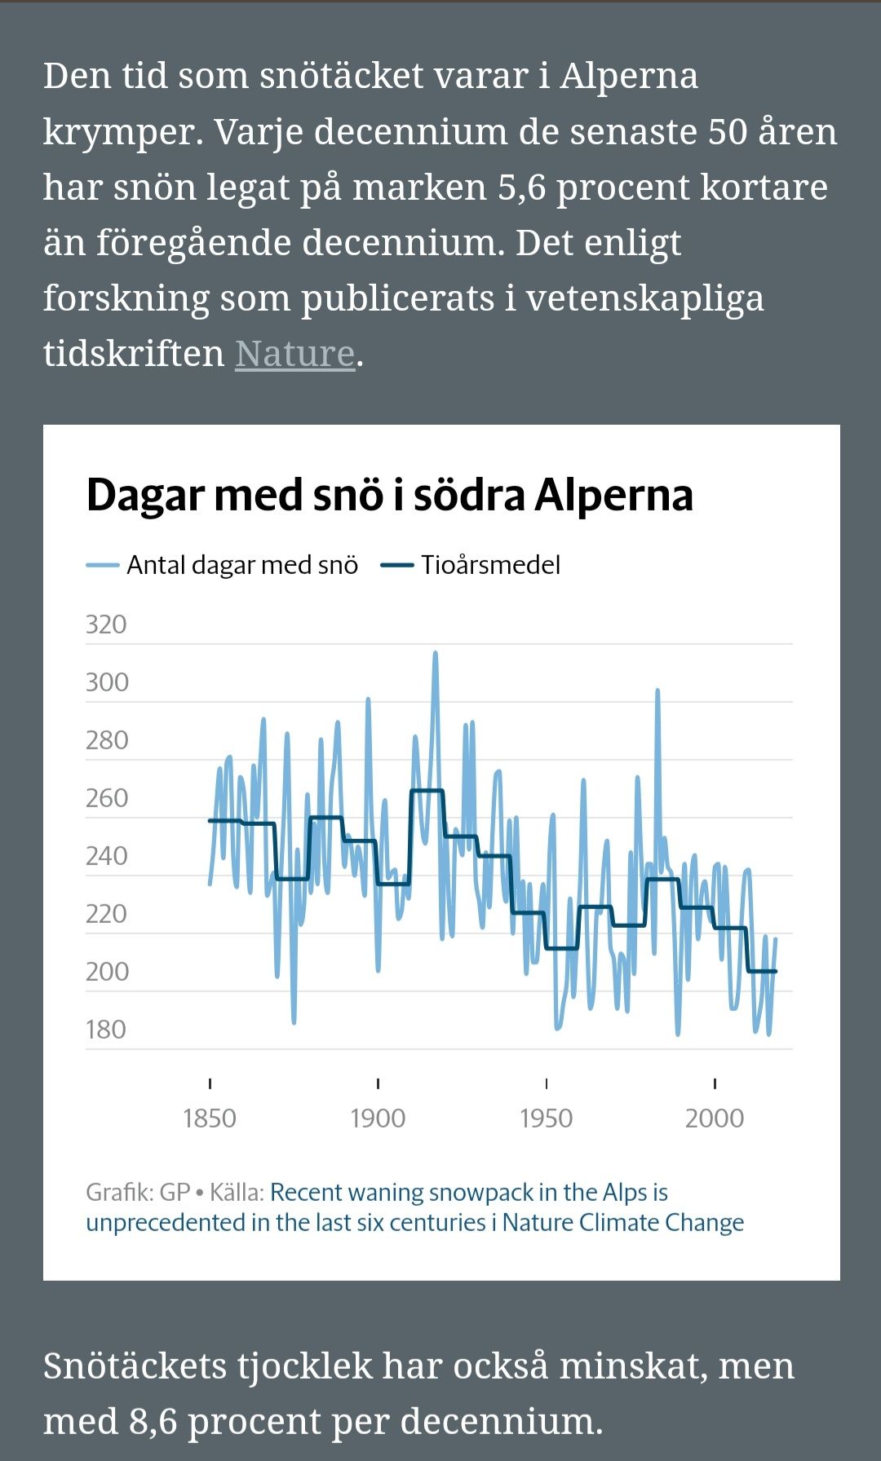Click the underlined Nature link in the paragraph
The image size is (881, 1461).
pyautogui.click(x=294, y=354)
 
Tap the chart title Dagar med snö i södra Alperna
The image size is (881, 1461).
pyautogui.click(x=389, y=495)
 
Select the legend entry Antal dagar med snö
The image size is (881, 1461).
pyautogui.click(x=241, y=565)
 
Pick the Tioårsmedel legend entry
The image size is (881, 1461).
pyautogui.click(x=489, y=565)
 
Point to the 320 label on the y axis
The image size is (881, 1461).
pyautogui.click(x=106, y=625)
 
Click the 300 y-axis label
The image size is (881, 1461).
pyautogui.click(x=107, y=682)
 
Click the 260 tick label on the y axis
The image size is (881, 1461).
pyautogui.click(x=107, y=798)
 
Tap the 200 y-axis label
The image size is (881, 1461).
pyautogui.click(x=107, y=972)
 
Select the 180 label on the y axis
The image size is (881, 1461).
pyautogui.click(x=106, y=1030)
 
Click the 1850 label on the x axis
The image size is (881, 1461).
pyautogui.click(x=210, y=1118)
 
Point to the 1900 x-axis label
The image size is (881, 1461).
pyautogui.click(x=378, y=1118)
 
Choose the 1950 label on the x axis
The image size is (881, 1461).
pyautogui.click(x=546, y=1118)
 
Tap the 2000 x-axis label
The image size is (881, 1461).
pyautogui.click(x=715, y=1118)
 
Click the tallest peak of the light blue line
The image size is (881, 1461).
pyautogui.click(x=436, y=653)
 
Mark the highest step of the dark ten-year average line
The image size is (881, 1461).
pyautogui.click(x=427, y=791)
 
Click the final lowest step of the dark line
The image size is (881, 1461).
pyautogui.click(x=762, y=971)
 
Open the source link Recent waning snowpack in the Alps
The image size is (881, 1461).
pyautogui.click(x=468, y=1193)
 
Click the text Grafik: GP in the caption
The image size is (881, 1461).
pyautogui.click(x=138, y=1193)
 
